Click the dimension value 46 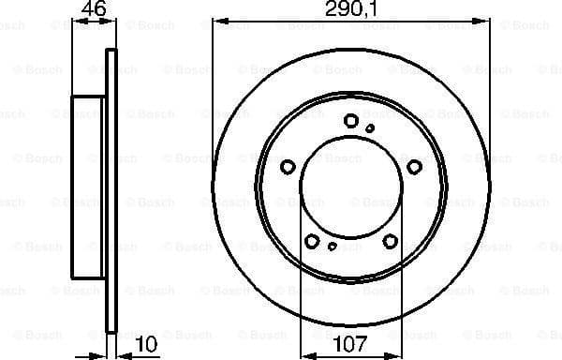tap(92, 11)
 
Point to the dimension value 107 tap(350, 345)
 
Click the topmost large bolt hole tap(351, 120)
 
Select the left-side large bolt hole tap(288, 167)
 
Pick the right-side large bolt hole tap(414, 167)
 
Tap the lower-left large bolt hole tap(312, 242)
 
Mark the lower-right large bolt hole tap(390, 242)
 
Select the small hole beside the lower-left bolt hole tap(333, 247)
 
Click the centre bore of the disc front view tap(350, 187)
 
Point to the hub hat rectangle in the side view tap(88, 187)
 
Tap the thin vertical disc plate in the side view tap(111, 187)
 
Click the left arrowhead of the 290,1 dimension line tap(216, 26)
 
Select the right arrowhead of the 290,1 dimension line tap(485, 26)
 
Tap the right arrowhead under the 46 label tap(113, 26)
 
